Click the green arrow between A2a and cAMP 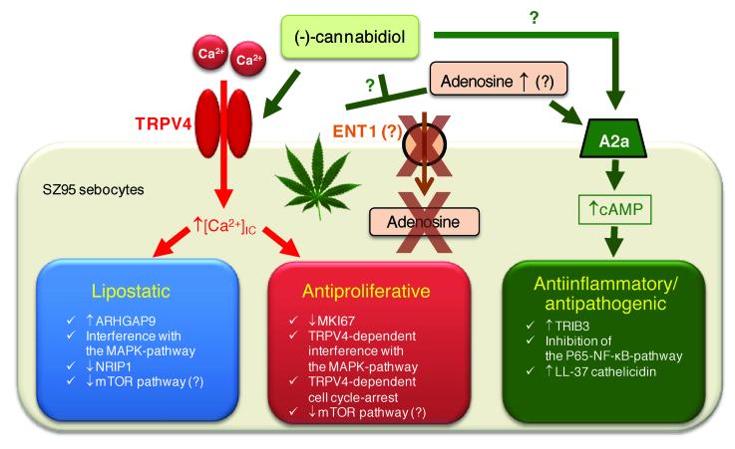[x=623, y=179]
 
